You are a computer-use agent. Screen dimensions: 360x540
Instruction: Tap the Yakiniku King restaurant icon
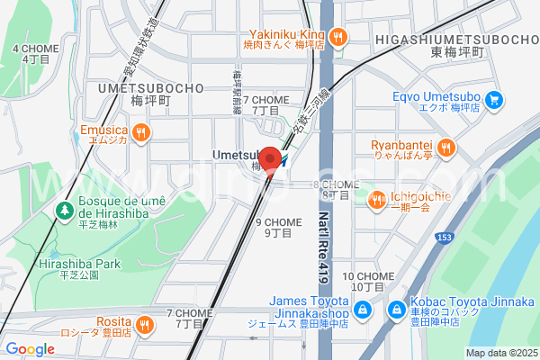pyautogui.click(x=337, y=37)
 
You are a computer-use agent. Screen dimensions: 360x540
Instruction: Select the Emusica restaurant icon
pyautogui.click(x=140, y=133)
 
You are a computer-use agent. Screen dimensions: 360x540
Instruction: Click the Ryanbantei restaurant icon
pyautogui.click(x=445, y=147)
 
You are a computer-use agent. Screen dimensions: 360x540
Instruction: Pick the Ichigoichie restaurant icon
pyautogui.click(x=378, y=200)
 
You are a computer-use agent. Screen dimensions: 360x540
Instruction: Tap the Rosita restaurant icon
pyautogui.click(x=144, y=323)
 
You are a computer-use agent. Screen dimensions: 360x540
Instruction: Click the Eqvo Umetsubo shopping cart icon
pyautogui.click(x=492, y=100)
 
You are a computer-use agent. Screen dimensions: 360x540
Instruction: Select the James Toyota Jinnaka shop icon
pyautogui.click(x=362, y=310)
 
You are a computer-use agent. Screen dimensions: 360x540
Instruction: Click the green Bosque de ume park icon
pyautogui.click(x=64, y=211)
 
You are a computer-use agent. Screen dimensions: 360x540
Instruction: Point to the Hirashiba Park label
pyautogui.click(x=79, y=264)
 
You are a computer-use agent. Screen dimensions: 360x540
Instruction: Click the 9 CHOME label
pyautogui.click(x=278, y=221)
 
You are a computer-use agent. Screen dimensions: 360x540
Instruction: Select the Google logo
pyautogui.click(x=30, y=349)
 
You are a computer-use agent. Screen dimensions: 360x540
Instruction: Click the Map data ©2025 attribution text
pyautogui.click(x=500, y=353)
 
